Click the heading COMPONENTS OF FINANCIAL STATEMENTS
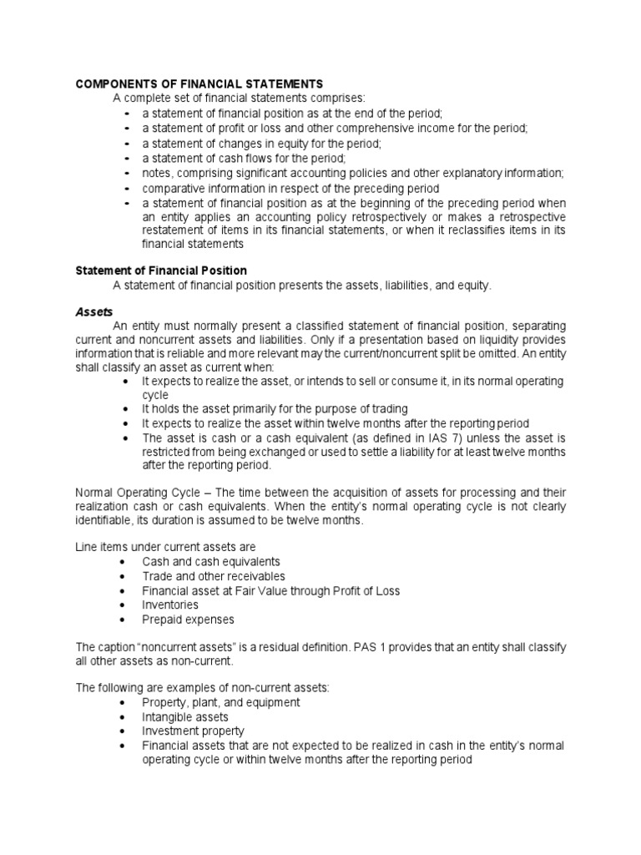coord(199,84)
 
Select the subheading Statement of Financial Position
coord(162,271)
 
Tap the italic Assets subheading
coord(94,310)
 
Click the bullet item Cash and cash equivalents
coord(211,561)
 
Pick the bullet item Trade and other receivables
coord(214,576)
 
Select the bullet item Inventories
coord(170,605)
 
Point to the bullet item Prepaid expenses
coord(188,620)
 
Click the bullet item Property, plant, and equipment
coord(221,702)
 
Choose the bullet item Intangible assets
coord(185,716)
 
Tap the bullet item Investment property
coord(193,731)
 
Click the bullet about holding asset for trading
coord(275,408)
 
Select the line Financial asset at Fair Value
coord(271,590)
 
